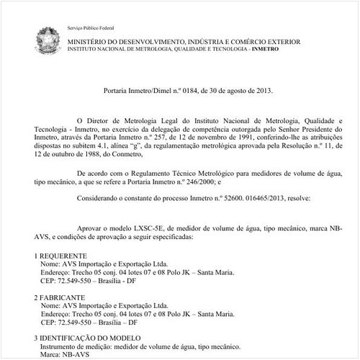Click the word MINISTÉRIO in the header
(x=90, y=44)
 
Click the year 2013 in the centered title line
(x=264, y=91)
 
